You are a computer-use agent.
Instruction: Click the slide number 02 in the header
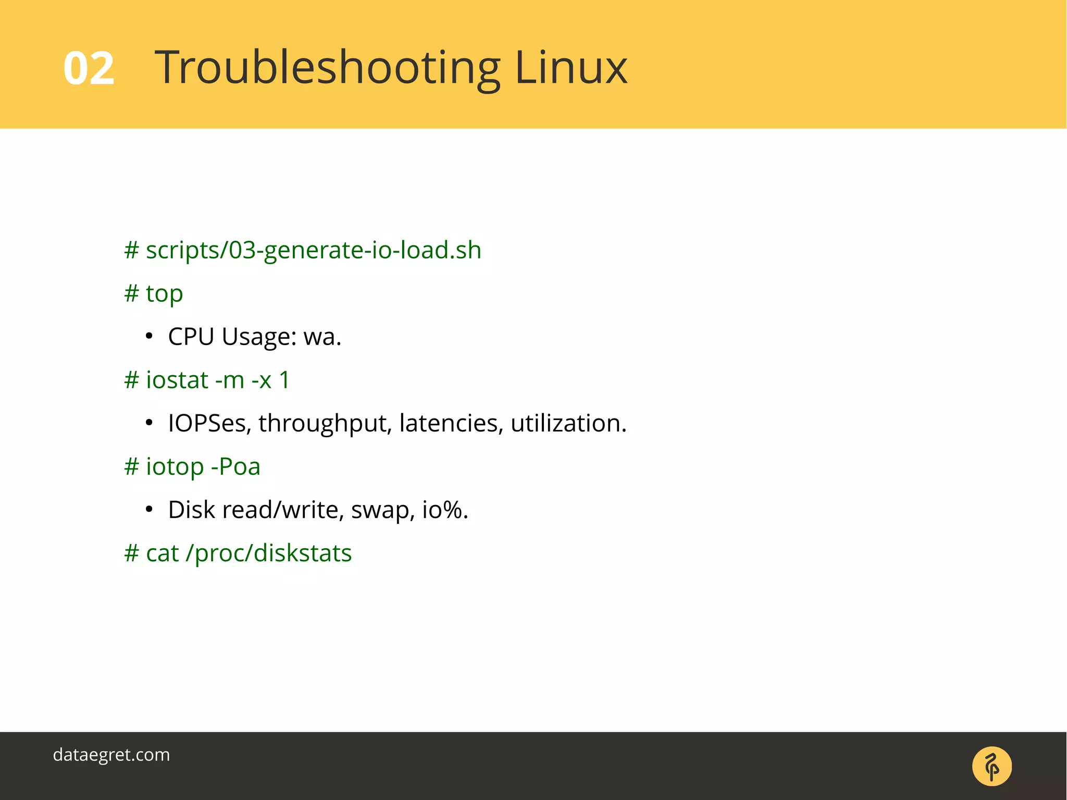coord(89,68)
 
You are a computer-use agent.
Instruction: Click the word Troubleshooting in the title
coord(327,68)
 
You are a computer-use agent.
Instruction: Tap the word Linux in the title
coord(570,68)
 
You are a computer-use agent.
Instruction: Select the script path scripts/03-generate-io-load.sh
coord(313,251)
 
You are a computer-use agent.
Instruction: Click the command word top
coord(164,294)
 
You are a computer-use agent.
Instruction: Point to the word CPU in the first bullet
coord(191,337)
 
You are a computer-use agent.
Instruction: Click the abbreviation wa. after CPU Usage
coord(322,337)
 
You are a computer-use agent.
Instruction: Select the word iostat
coord(177,380)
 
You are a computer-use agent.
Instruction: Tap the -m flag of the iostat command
coord(229,380)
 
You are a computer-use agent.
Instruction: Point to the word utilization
coord(568,423)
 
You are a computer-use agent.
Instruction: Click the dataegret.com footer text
coord(111,755)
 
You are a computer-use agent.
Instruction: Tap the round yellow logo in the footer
coord(991,766)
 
